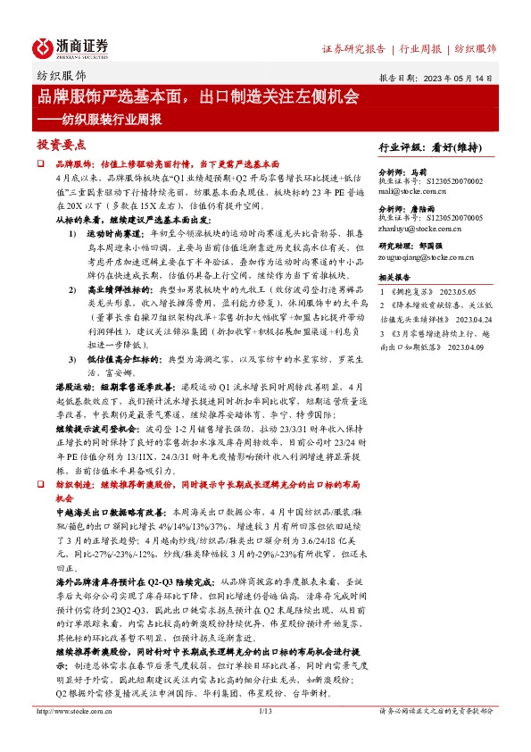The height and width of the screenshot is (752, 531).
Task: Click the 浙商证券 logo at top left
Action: [x=71, y=46]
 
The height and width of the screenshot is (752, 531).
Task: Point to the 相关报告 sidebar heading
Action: [x=395, y=278]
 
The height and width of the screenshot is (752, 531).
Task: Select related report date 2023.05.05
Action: [x=460, y=292]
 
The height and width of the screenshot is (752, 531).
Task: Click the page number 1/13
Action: [x=265, y=736]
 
